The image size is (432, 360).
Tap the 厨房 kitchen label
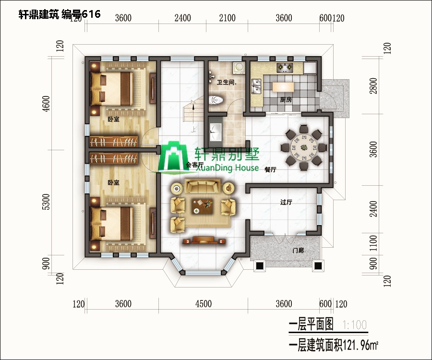coord(286,100)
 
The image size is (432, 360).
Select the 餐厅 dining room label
coord(269,169)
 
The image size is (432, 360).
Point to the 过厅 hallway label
coord(286,202)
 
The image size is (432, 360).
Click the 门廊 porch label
coord(298,251)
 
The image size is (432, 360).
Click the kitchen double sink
coord(256,85)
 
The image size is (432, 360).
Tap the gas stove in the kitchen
coord(284,67)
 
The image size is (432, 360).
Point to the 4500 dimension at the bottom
coord(203,304)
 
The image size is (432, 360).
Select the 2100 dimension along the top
coord(227,18)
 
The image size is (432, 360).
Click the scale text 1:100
coord(355,325)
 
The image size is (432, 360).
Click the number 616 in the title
coord(91,14)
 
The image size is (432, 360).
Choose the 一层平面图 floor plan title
coord(311,325)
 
